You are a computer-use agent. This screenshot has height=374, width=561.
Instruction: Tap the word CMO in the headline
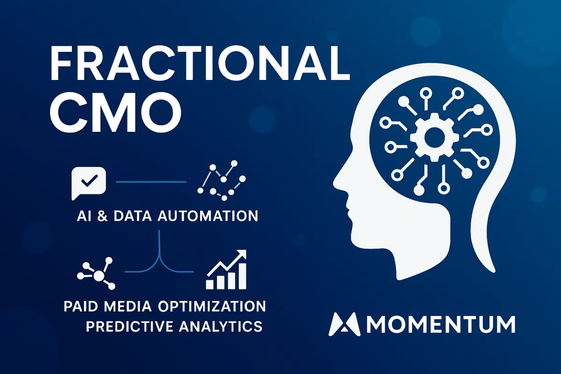coord(115,113)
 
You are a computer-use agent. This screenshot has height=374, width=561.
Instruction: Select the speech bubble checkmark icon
coord(88,181)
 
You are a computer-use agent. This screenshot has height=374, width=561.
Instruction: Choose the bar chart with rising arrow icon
coord(227,270)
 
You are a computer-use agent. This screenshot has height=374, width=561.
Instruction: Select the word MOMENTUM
coord(439,324)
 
